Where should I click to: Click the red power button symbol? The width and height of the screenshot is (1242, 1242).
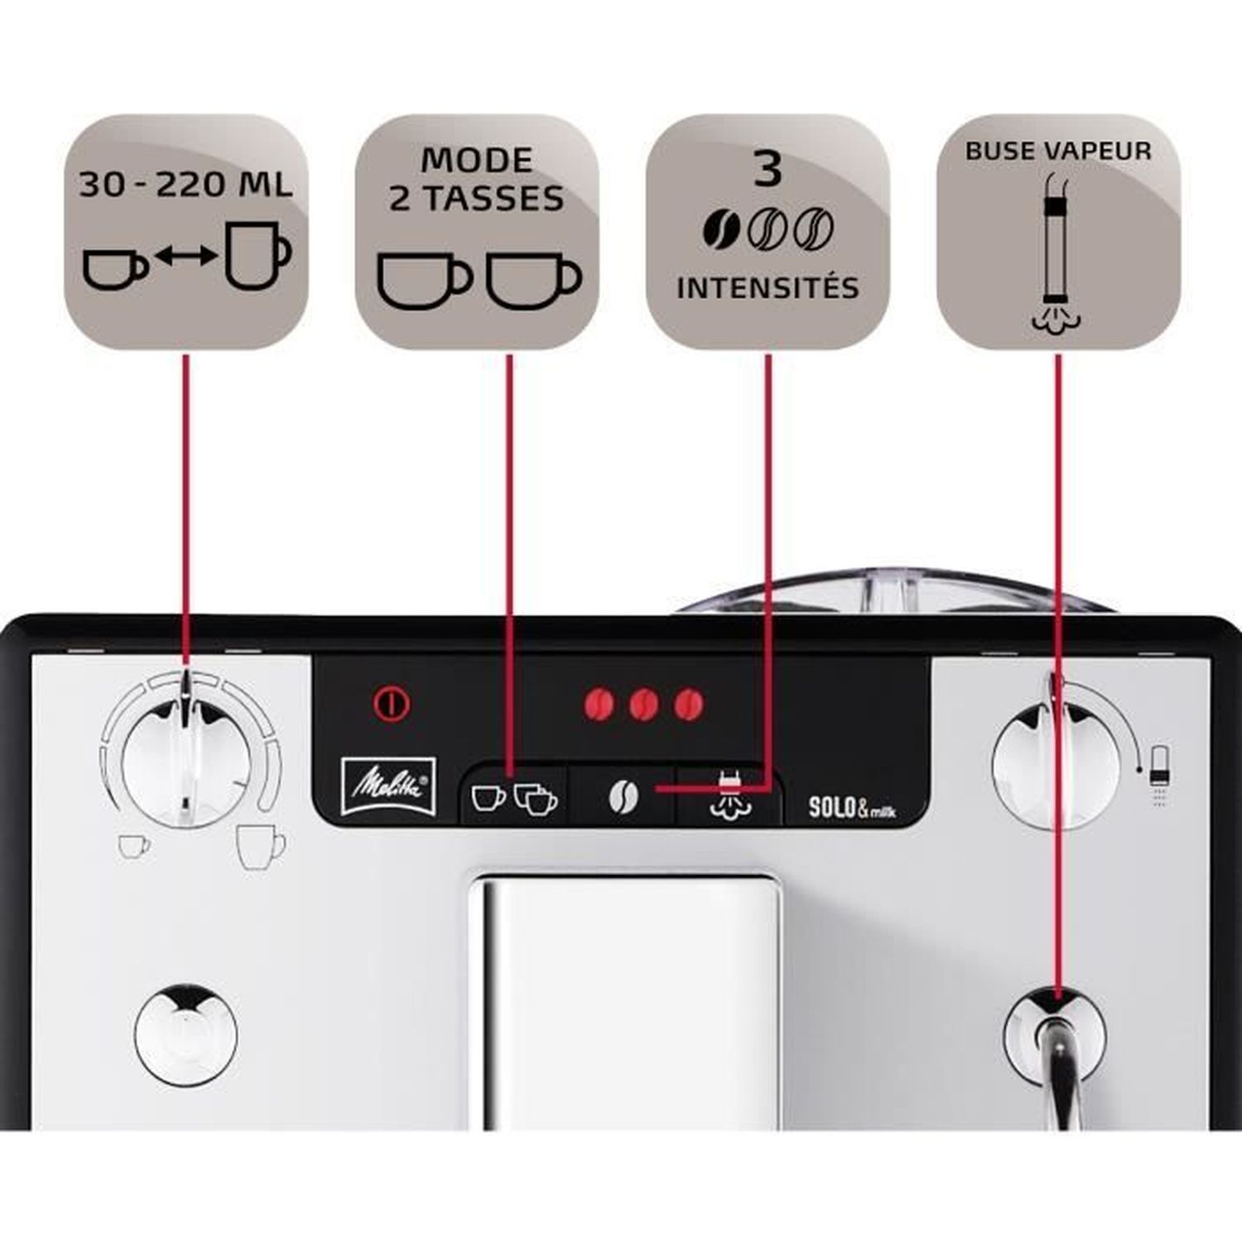pos(392,704)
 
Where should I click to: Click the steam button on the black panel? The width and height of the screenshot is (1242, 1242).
pos(728,795)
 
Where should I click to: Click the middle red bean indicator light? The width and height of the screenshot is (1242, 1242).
pos(643,705)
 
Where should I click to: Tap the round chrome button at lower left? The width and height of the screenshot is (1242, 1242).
pos(186,1035)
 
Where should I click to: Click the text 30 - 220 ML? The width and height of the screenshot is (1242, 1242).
pos(186,185)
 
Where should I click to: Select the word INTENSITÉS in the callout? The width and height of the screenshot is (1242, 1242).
pos(768,288)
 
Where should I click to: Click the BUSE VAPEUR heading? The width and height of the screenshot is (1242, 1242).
pos(1058,151)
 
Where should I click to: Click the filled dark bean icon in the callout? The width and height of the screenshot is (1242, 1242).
pos(723,229)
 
